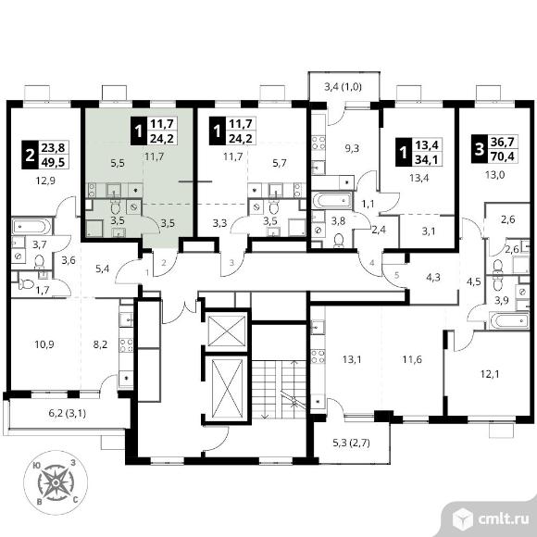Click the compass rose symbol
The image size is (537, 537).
click(x=56, y=482)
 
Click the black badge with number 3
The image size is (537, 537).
click(x=480, y=150)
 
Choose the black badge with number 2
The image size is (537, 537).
click(x=31, y=156)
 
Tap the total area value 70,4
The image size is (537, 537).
click(x=505, y=157)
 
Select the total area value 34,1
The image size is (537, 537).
click(x=427, y=159)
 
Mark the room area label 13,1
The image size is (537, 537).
click(x=352, y=359)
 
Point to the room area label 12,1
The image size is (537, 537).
click(x=490, y=374)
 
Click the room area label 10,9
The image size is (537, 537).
click(x=44, y=344)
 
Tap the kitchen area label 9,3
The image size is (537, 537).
click(x=352, y=149)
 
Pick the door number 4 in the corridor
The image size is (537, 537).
click(x=372, y=263)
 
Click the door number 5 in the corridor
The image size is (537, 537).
click(x=396, y=275)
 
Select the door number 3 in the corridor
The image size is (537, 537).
click(x=231, y=263)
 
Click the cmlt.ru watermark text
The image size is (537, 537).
click(x=503, y=518)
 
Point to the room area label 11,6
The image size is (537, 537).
click(x=412, y=359)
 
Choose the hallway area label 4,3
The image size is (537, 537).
click(x=433, y=277)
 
